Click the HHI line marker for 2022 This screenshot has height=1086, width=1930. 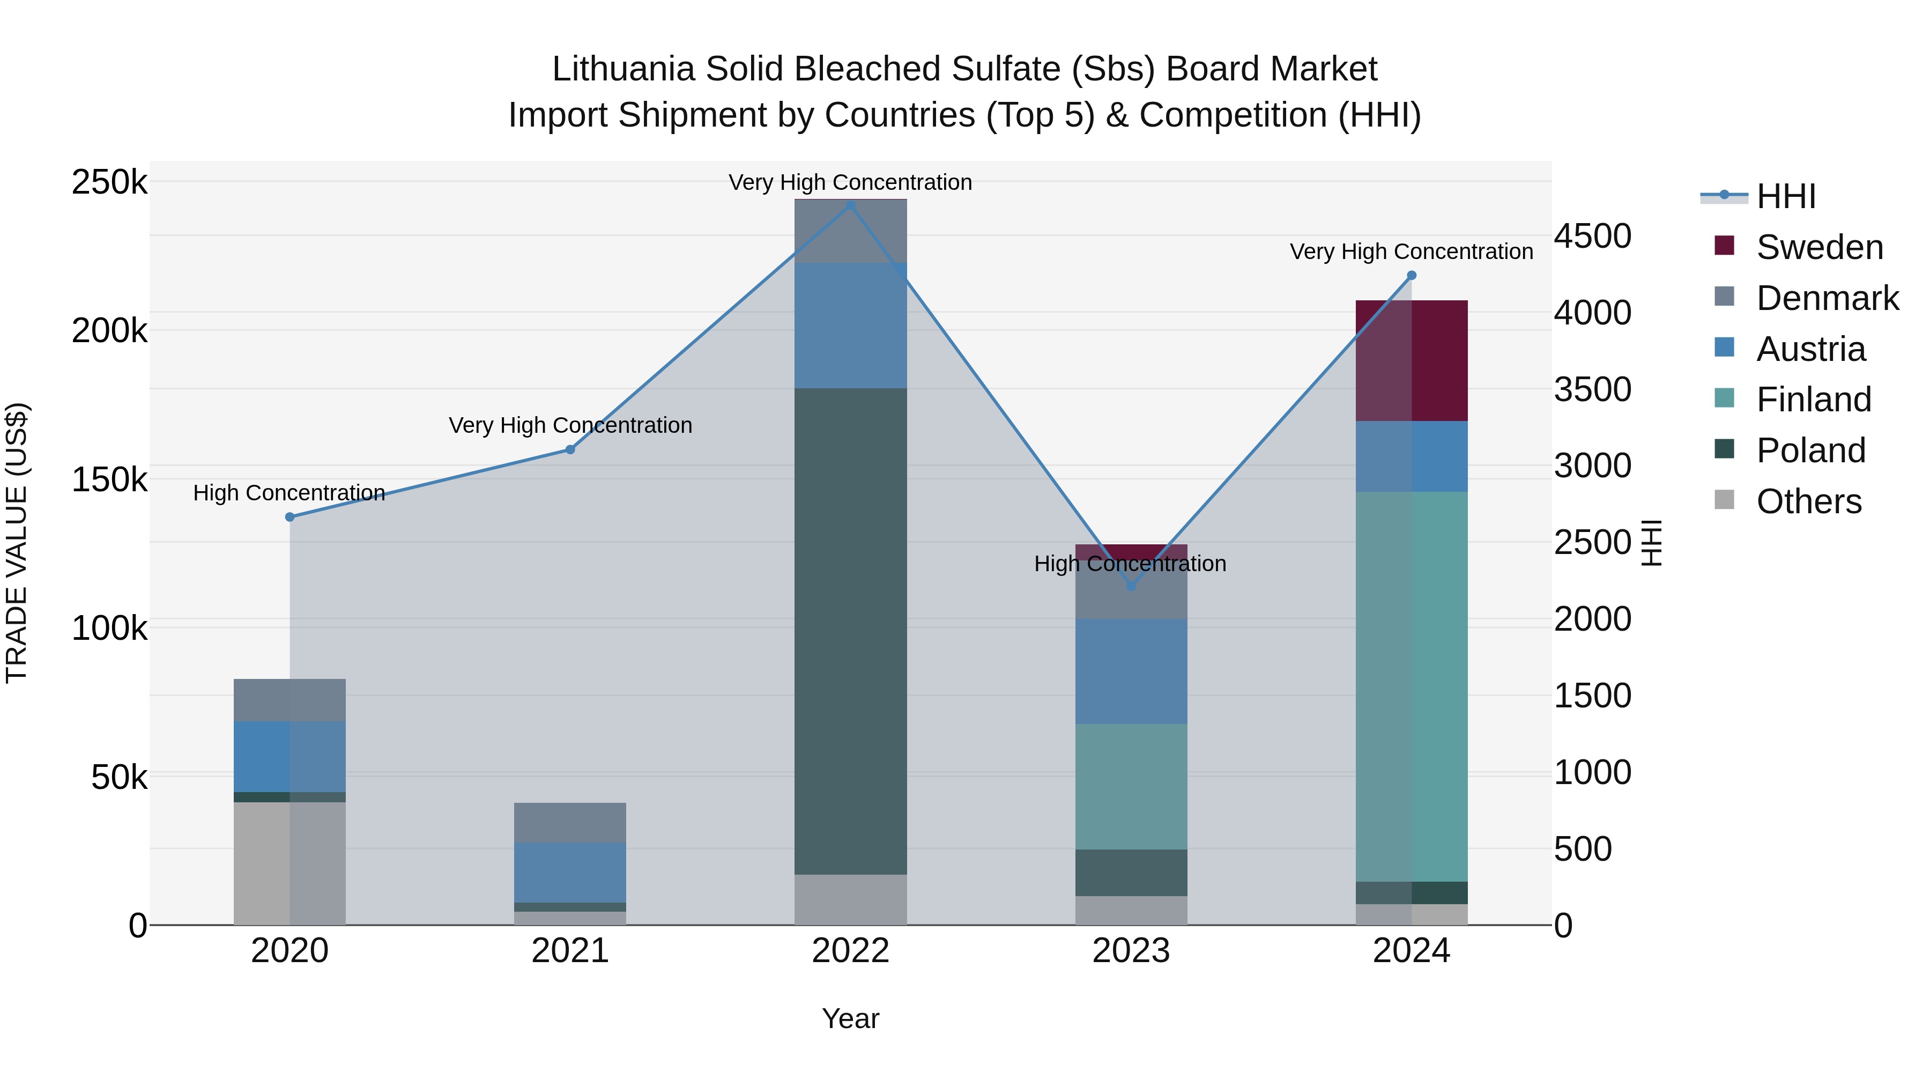[x=850, y=205]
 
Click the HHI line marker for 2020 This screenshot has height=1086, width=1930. [x=290, y=516]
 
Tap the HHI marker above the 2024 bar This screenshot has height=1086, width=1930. [x=1412, y=276]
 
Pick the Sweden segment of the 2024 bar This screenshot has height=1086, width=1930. [x=1412, y=360]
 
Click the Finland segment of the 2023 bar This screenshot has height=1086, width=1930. [x=1131, y=786]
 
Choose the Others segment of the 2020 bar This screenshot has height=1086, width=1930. [x=290, y=863]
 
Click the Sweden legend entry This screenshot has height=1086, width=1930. [x=1819, y=247]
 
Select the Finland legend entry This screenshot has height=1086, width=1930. [x=1813, y=400]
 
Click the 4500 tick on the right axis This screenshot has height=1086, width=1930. [x=1593, y=236]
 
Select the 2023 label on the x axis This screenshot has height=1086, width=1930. [x=1131, y=951]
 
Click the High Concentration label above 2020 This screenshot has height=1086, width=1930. [x=289, y=493]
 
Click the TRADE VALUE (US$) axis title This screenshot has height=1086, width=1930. [x=17, y=543]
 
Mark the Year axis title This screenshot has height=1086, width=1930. [x=850, y=1018]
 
